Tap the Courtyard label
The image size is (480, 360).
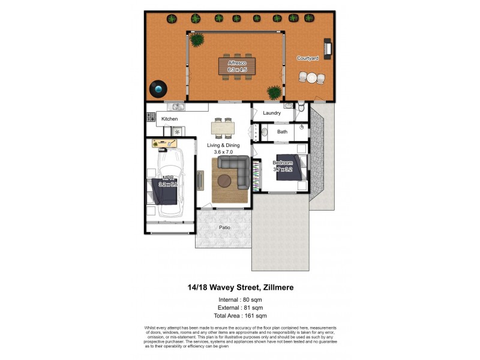307,58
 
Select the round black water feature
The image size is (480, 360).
158,89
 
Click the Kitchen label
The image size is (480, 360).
170,119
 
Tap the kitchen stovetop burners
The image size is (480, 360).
151,118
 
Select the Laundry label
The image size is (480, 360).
272,113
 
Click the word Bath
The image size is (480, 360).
282,131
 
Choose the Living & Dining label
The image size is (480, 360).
223,145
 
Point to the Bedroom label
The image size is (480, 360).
283,163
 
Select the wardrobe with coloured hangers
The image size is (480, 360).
257,178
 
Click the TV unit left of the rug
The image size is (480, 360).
200,178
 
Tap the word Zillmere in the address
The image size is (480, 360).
273,287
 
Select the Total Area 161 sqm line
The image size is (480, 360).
239,315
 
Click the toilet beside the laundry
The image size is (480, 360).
301,109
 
